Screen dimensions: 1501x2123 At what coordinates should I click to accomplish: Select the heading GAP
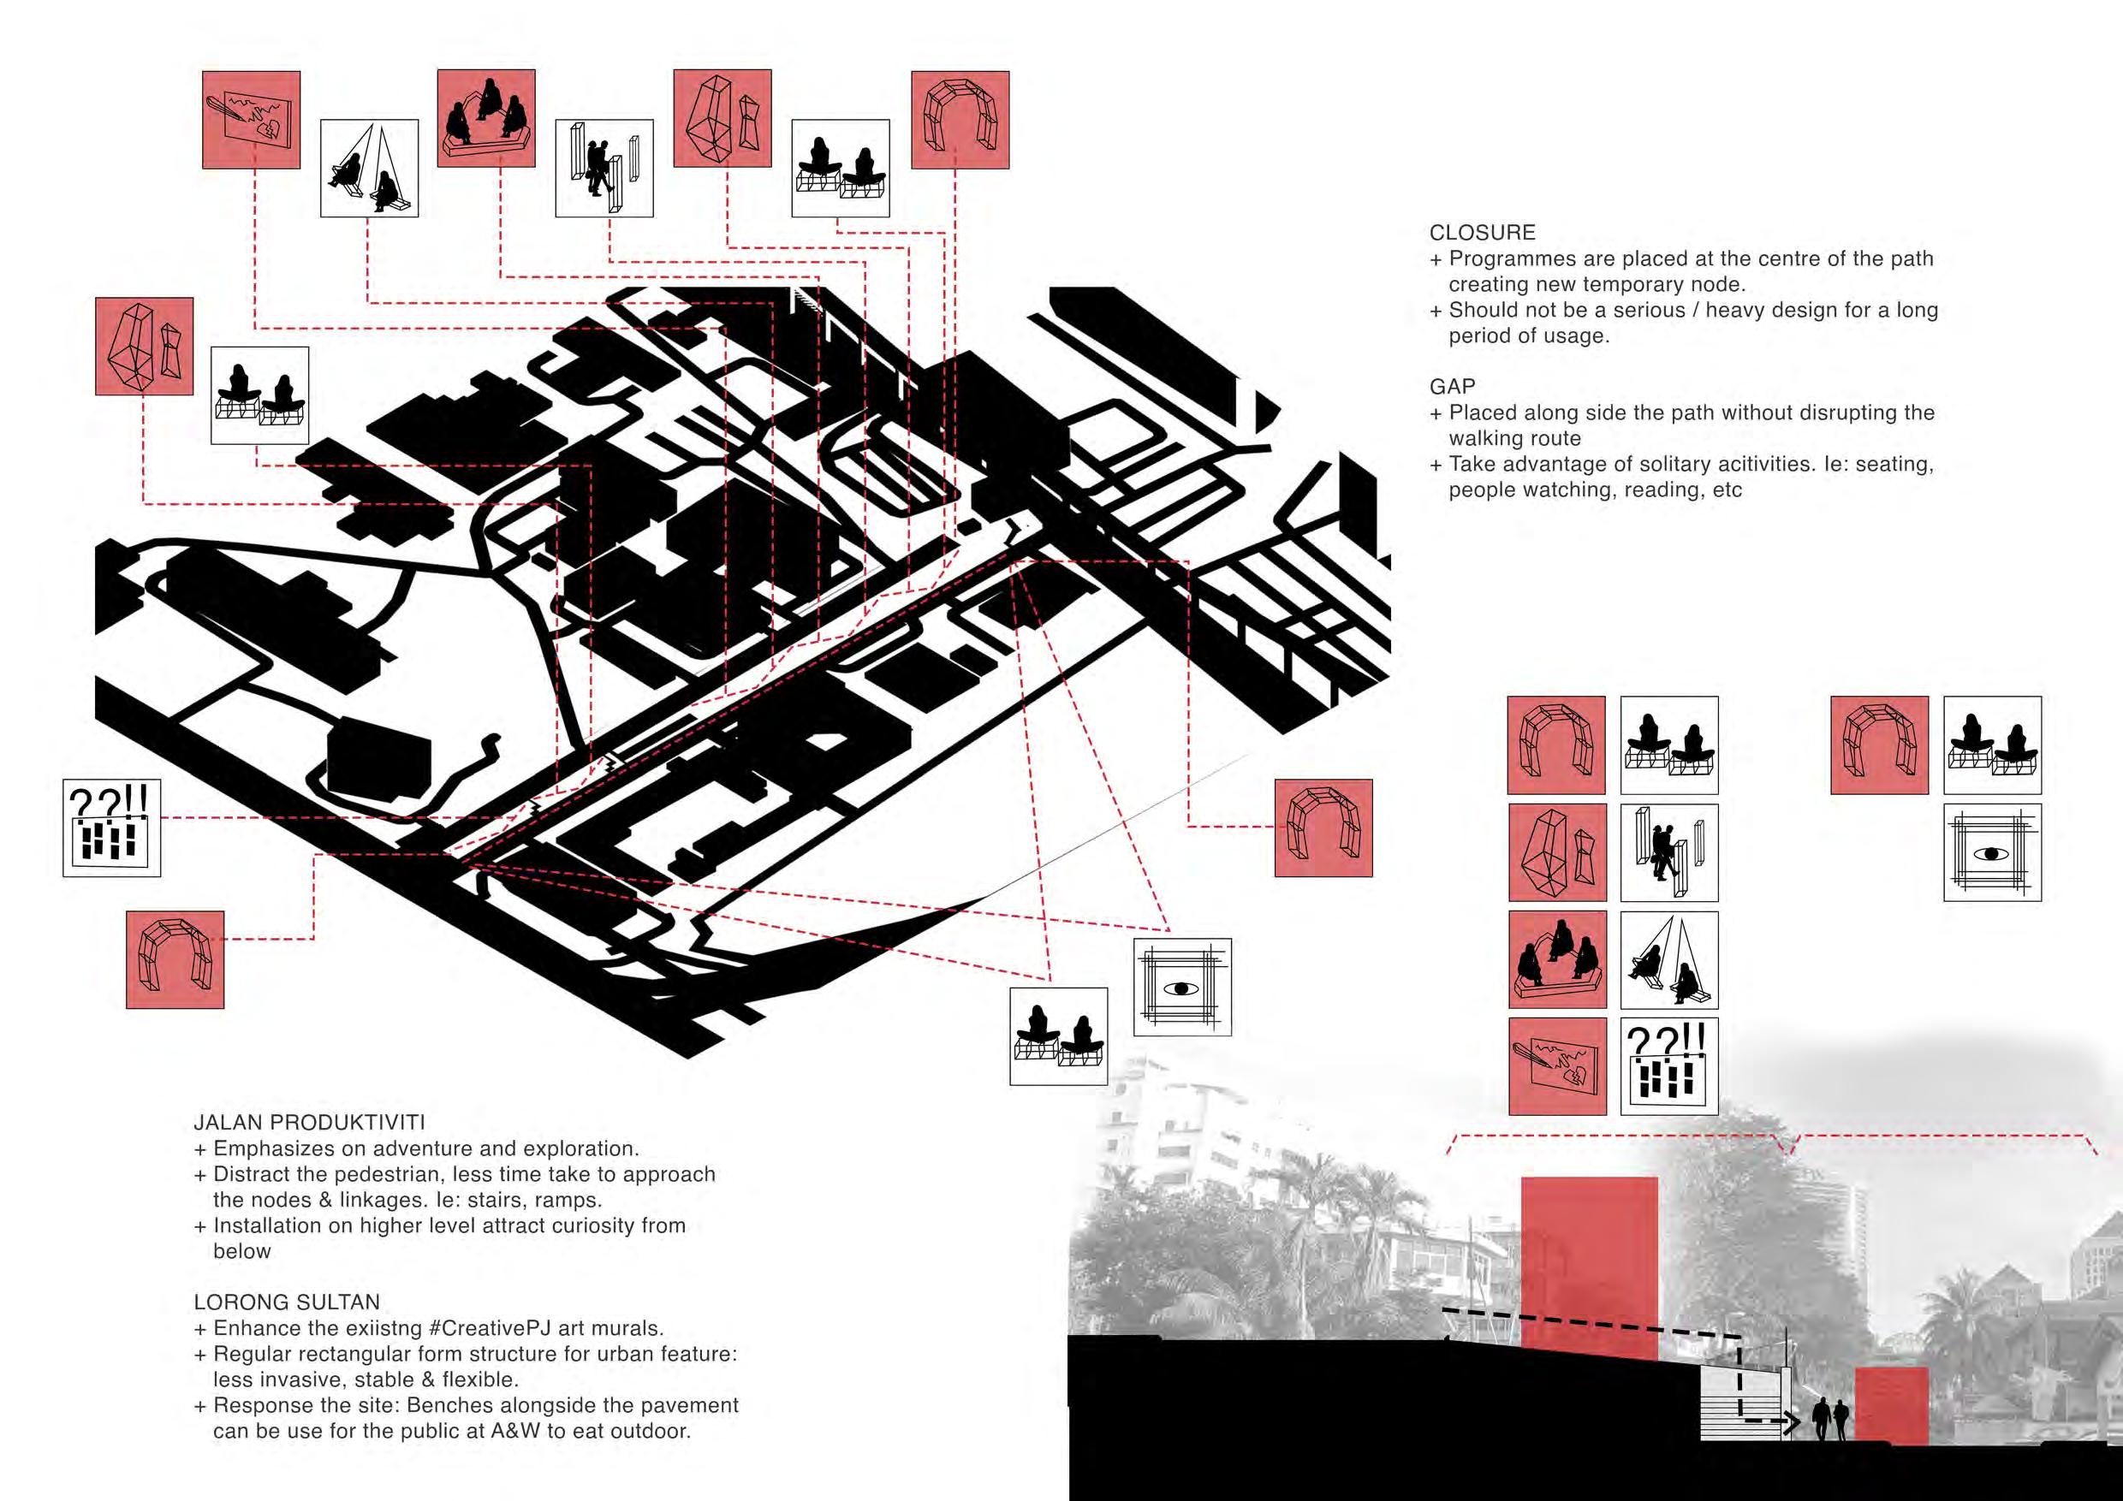click(x=1452, y=386)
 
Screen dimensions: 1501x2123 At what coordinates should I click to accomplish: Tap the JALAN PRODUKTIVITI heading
click(x=309, y=1123)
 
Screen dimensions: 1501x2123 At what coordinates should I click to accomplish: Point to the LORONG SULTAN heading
click(x=287, y=1302)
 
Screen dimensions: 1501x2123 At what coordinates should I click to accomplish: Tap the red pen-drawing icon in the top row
click(x=252, y=120)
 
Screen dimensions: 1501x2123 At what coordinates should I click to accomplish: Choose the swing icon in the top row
click(x=369, y=169)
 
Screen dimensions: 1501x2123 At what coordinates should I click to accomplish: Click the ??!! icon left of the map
click(x=112, y=828)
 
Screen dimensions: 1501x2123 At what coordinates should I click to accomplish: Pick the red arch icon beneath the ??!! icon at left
click(x=175, y=959)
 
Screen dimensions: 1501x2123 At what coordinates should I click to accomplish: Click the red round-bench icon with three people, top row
click(x=485, y=118)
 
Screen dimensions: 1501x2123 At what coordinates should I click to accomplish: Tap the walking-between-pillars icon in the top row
click(x=604, y=169)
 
